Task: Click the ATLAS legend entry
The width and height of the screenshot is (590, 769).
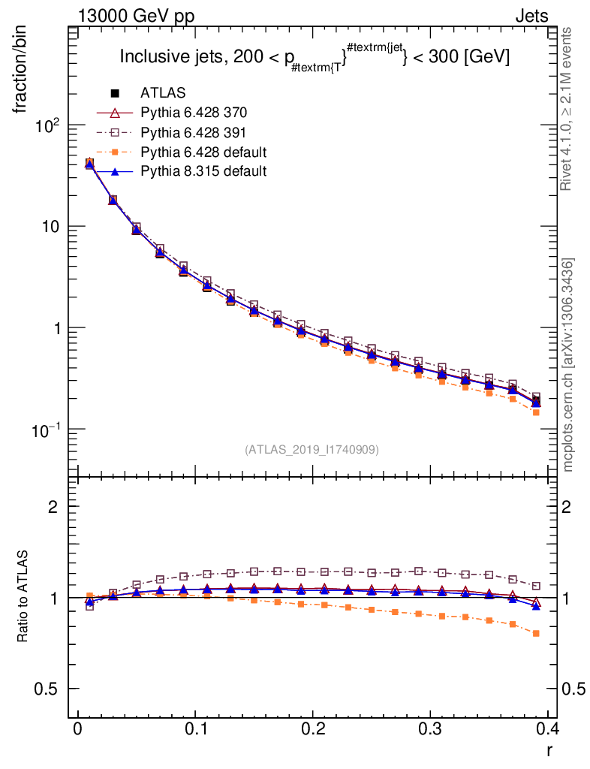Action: point(163,93)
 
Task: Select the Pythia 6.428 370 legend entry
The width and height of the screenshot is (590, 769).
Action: point(194,113)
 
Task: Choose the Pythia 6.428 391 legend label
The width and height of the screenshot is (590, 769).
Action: point(194,132)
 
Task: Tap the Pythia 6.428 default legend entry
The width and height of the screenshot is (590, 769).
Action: point(203,152)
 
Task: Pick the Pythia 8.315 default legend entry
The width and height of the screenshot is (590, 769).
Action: point(203,171)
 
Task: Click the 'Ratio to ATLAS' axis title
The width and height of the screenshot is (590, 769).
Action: point(24,598)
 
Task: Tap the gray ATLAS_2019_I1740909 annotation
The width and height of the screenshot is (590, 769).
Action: point(312,450)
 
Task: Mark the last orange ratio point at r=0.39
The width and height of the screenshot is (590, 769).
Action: point(536,634)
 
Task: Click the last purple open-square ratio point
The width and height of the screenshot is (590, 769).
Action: point(536,586)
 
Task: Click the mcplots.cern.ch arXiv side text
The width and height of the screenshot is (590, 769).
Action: point(568,365)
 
